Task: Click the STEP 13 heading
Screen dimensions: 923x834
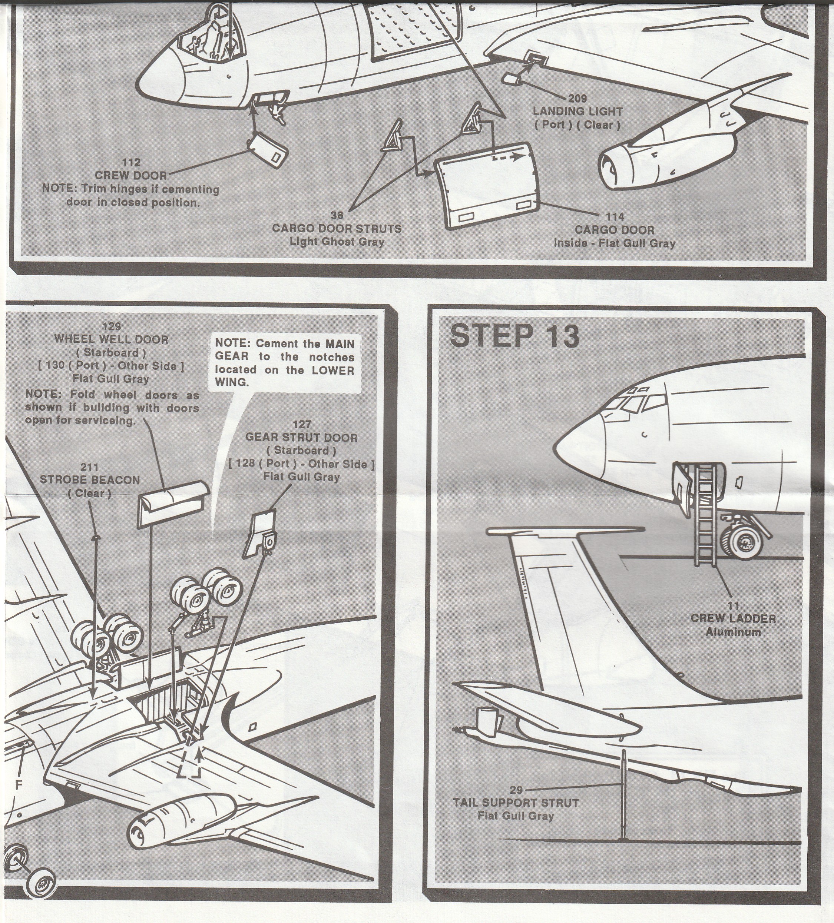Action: [x=515, y=338]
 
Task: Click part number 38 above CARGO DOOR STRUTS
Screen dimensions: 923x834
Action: [x=337, y=215]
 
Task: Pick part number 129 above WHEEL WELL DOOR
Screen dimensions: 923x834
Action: [x=111, y=326]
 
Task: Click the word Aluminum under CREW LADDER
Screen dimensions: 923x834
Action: [x=733, y=632]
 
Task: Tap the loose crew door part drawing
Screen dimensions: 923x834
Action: [x=268, y=151]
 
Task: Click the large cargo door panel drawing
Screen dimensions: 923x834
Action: [x=486, y=185]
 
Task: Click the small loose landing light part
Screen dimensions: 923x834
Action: [x=513, y=79]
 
